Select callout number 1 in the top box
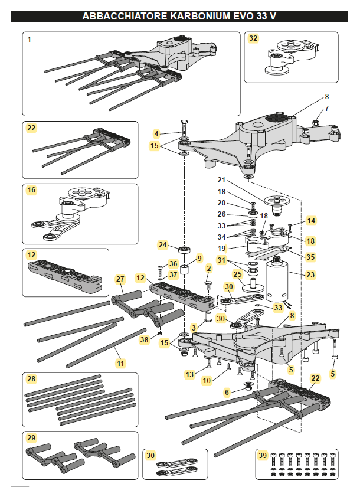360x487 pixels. point(30,39)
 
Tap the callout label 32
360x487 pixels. point(254,39)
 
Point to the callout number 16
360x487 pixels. point(31,190)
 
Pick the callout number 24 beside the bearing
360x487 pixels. point(163,244)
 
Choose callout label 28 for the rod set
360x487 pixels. point(31,378)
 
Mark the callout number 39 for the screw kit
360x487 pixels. point(263,456)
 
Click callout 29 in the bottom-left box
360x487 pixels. point(31,437)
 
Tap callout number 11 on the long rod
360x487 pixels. point(120,364)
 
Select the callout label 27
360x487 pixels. point(120,279)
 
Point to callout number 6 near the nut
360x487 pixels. point(227,392)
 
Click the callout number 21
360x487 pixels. point(222,179)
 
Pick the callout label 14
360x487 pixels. point(311,220)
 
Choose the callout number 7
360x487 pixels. point(326,109)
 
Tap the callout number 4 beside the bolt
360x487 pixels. point(156,133)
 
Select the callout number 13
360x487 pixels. point(189,374)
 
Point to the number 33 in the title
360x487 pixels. point(258,17)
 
